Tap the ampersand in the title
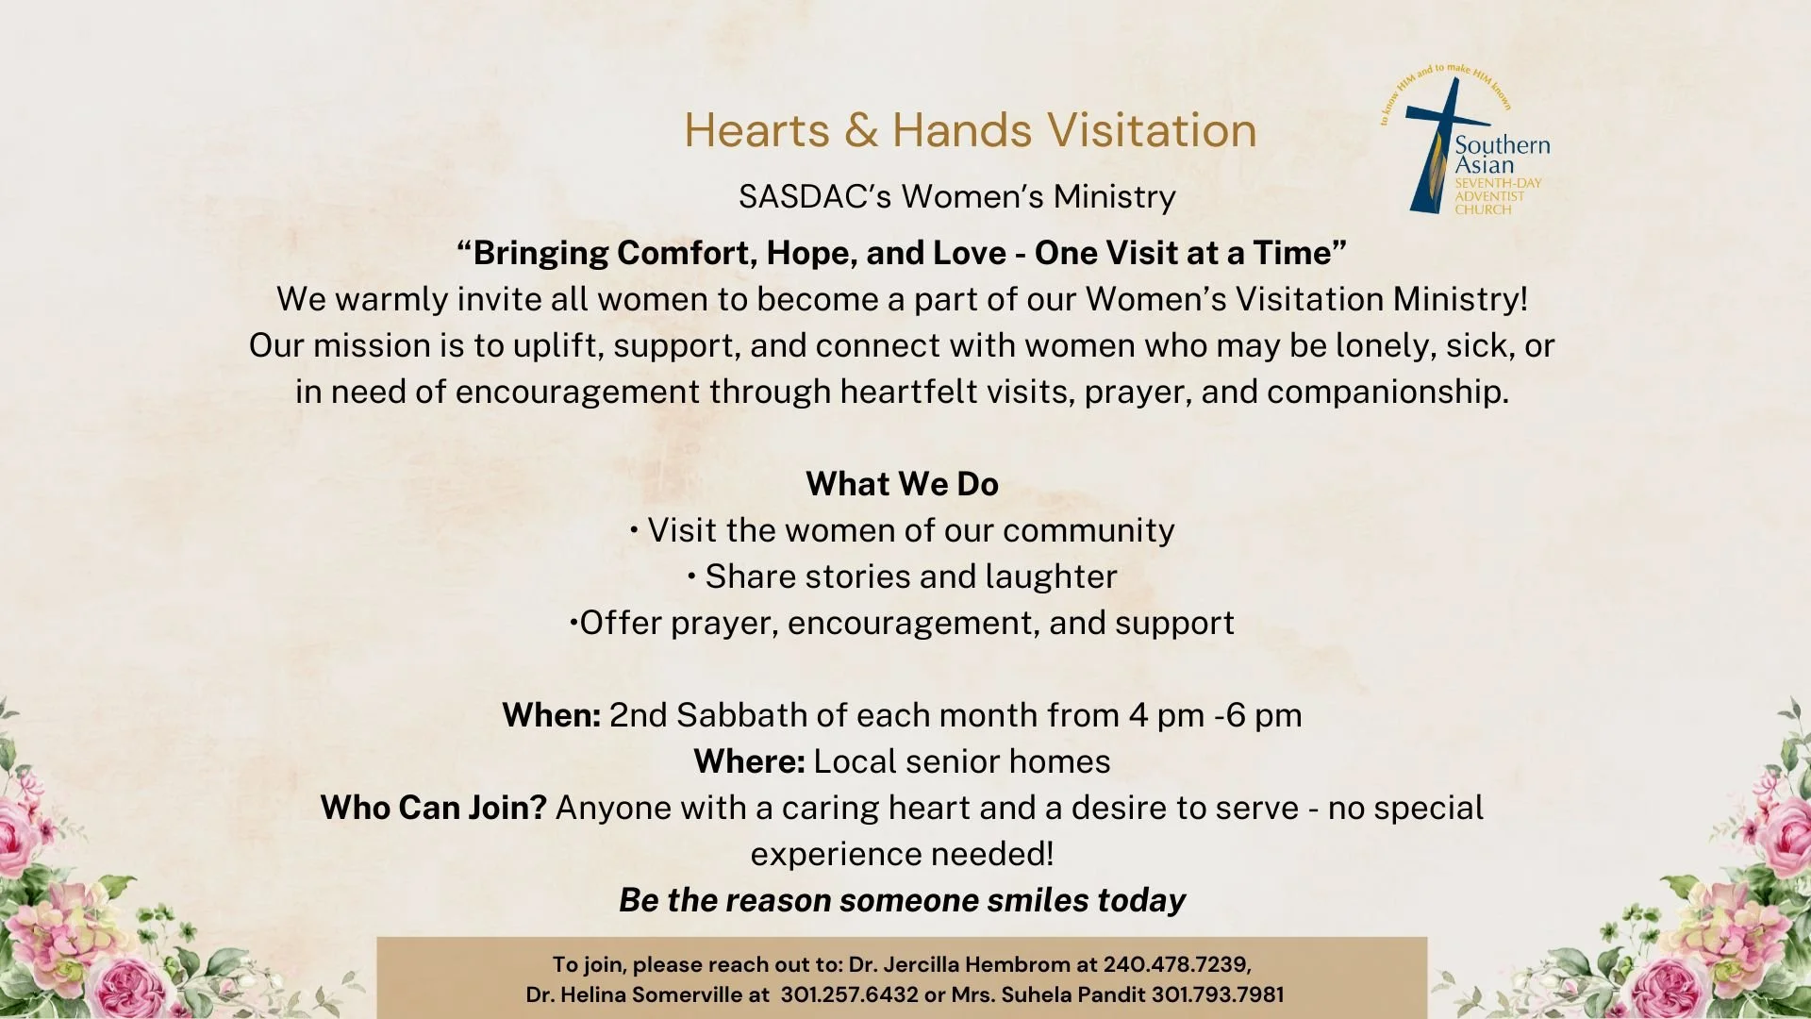860,130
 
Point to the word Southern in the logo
1502,145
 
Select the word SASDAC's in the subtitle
814,197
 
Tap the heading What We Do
902,484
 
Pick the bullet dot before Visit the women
635,529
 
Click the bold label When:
551,715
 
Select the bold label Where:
749,761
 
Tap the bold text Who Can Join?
433,808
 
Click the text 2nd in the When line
638,715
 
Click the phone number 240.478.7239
1176,964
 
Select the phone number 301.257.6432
849,994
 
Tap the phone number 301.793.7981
1218,994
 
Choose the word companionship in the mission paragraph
1387,392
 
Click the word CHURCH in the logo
1482,209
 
